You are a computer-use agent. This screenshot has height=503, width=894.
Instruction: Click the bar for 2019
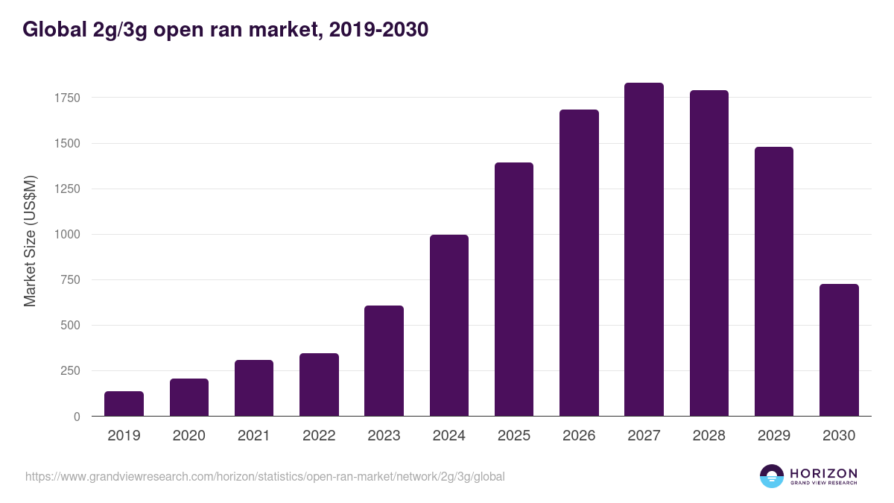click(124, 404)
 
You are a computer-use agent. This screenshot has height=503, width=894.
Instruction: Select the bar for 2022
click(319, 385)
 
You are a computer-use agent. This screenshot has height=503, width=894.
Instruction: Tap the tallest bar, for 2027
click(644, 250)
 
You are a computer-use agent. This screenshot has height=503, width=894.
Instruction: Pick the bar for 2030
click(839, 350)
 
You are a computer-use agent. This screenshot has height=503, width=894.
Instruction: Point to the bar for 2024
click(449, 326)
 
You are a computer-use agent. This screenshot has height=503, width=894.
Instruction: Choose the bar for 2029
click(773, 282)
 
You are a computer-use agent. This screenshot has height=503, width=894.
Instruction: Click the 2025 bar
click(514, 289)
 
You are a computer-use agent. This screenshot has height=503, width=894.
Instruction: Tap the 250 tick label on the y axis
click(70, 371)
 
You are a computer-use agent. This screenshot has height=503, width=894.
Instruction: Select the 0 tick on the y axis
click(77, 417)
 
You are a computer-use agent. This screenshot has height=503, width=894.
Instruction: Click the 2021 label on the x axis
click(254, 436)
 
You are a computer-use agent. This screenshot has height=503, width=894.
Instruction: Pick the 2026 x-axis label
click(579, 436)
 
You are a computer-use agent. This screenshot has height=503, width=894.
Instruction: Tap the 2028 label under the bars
click(708, 436)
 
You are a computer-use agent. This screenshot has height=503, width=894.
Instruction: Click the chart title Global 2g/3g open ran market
click(225, 30)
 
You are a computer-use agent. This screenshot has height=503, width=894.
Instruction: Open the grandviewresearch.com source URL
click(264, 476)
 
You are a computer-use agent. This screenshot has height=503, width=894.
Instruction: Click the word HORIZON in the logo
click(823, 472)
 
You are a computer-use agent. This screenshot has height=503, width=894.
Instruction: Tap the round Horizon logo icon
click(771, 476)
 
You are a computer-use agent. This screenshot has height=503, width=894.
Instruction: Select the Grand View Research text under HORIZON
click(823, 483)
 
